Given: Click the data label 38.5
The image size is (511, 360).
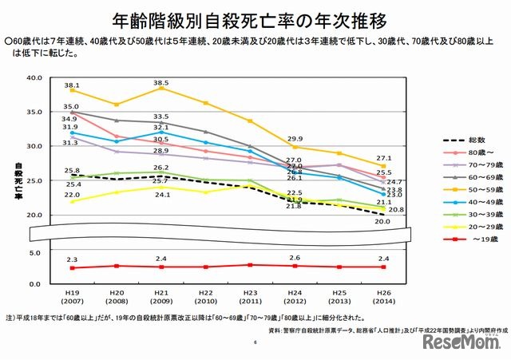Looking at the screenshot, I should click(x=162, y=83).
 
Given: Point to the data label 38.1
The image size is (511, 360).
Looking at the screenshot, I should click(x=72, y=85).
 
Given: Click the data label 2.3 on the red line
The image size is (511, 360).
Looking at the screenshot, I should click(x=72, y=259).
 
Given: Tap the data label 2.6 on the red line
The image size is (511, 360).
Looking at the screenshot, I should click(x=295, y=257).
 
